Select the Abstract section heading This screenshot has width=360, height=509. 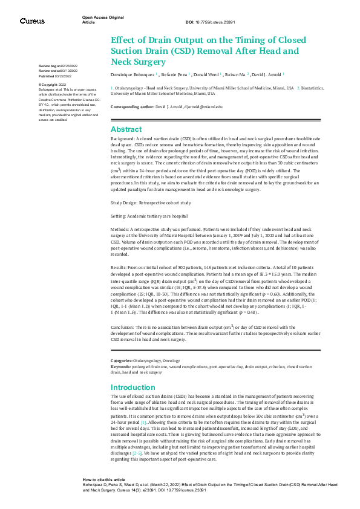(126, 129)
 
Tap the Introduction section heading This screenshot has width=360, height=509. (133, 387)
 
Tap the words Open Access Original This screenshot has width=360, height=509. (99, 18)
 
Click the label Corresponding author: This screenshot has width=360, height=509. (134, 106)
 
